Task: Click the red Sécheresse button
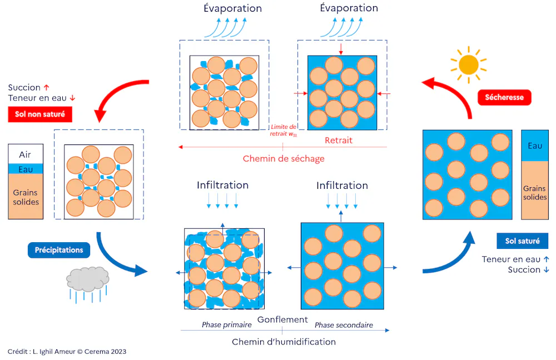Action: pos(504,97)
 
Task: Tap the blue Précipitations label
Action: pos(59,250)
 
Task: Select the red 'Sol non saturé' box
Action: pos(40,114)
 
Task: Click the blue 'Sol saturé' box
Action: pos(522,241)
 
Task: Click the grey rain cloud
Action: pos(87,279)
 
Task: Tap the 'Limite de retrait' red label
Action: pos(283,131)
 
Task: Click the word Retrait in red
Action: pos(339,141)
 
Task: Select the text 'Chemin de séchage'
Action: pos(284,158)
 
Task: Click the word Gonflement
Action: pos(282,319)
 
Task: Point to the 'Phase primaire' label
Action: pos(227,324)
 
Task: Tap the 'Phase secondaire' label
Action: pos(344,325)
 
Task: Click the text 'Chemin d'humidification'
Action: pos(284,342)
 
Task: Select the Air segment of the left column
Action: pos(26,154)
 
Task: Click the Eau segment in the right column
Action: pos(535,146)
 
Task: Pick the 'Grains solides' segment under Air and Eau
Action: pos(26,197)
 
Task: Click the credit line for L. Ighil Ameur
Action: pos(67,352)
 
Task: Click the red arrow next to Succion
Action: pos(47,87)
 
